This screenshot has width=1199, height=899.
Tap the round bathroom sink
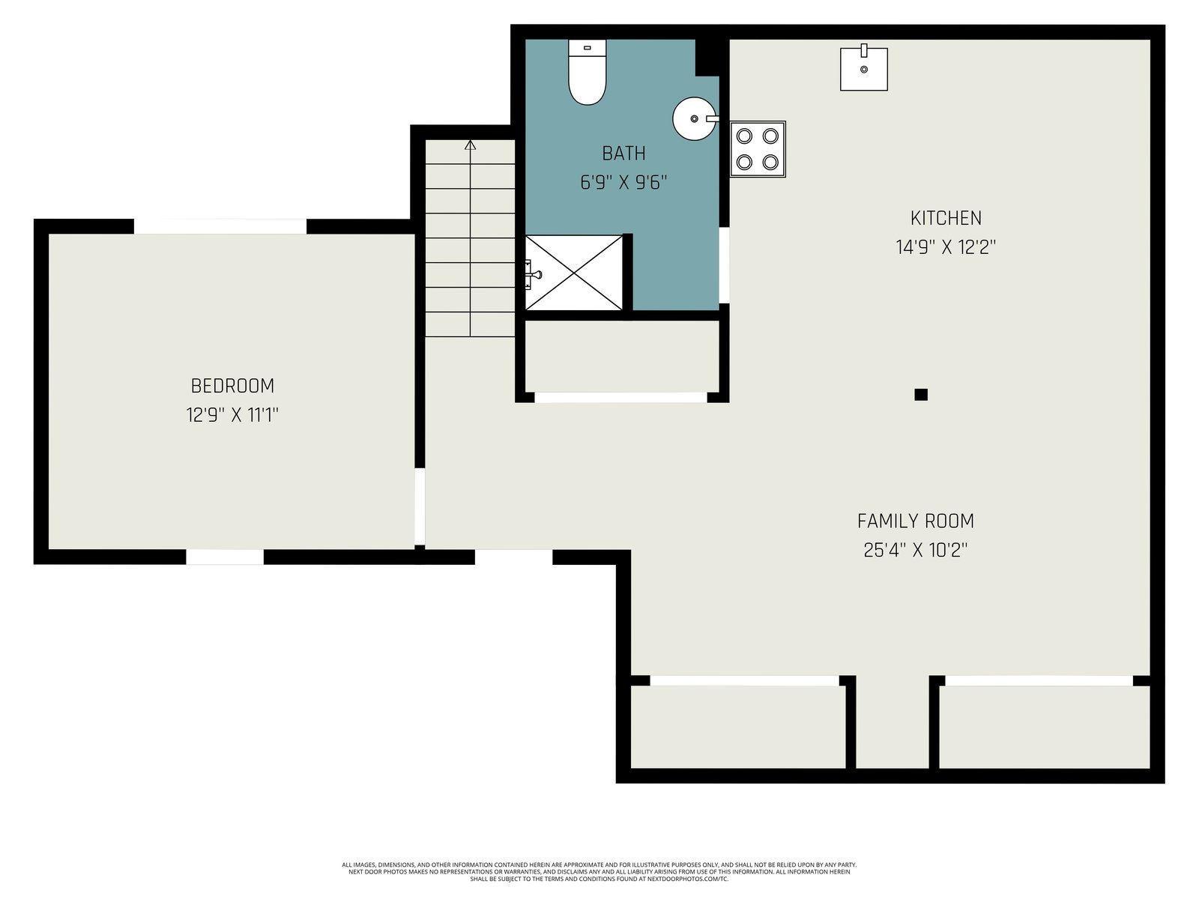(695, 118)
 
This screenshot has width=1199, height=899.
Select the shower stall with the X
(573, 273)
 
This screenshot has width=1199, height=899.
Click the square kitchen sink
(863, 67)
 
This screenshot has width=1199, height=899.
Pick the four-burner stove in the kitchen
(758, 149)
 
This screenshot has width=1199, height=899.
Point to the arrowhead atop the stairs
(471, 145)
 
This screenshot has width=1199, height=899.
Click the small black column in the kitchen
(921, 394)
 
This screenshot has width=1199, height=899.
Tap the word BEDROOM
(233, 386)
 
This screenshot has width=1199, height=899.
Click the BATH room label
(623, 154)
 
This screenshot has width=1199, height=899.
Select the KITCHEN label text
(946, 218)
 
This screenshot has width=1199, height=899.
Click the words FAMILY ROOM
(916, 521)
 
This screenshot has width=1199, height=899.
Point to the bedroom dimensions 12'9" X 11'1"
(233, 415)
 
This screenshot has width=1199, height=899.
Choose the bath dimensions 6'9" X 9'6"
(623, 182)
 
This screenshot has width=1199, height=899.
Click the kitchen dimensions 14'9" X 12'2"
(946, 247)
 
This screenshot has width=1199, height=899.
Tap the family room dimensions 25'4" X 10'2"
(916, 550)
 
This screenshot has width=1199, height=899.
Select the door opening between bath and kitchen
(724, 265)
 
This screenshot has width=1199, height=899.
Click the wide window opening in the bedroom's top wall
(220, 226)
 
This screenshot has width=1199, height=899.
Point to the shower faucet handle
(534, 274)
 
